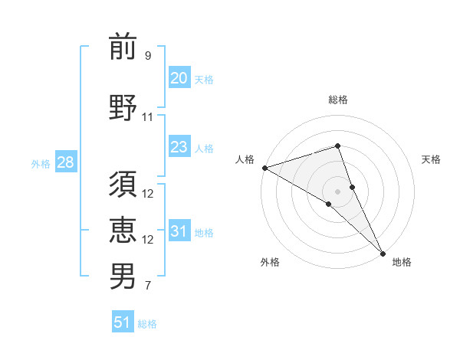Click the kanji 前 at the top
click(123, 47)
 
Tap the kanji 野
click(123, 107)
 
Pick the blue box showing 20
click(179, 78)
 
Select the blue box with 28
click(64, 163)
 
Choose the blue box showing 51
click(123, 322)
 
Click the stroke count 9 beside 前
click(148, 56)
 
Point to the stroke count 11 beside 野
click(148, 117)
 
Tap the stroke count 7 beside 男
click(148, 286)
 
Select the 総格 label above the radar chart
click(337, 100)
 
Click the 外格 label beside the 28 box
click(40, 164)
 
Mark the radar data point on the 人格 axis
click(264, 167)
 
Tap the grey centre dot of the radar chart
click(337, 191)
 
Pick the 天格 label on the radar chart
click(432, 159)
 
